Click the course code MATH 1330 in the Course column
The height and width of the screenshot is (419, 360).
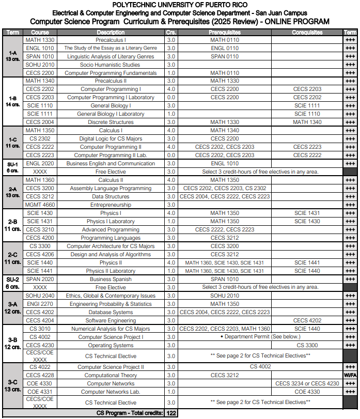click(40, 40)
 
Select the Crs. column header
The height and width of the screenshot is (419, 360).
click(171, 32)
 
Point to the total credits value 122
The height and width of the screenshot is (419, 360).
click(171, 413)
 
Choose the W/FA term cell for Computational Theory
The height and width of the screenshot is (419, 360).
click(350, 375)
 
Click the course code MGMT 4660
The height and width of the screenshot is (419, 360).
click(40, 205)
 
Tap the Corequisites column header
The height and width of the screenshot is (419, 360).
click(307, 32)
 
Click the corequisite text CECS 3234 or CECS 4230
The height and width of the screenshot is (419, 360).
click(307, 383)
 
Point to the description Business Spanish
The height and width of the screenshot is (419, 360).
click(111, 279)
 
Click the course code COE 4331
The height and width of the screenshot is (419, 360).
click(40, 392)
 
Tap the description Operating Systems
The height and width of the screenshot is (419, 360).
click(111, 345)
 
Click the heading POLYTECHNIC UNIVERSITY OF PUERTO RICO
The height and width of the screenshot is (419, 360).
click(179, 5)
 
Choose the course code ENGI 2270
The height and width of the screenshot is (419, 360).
click(40, 304)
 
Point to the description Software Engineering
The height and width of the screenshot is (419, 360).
click(111, 320)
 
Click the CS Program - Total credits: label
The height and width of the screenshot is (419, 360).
click(130, 413)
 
